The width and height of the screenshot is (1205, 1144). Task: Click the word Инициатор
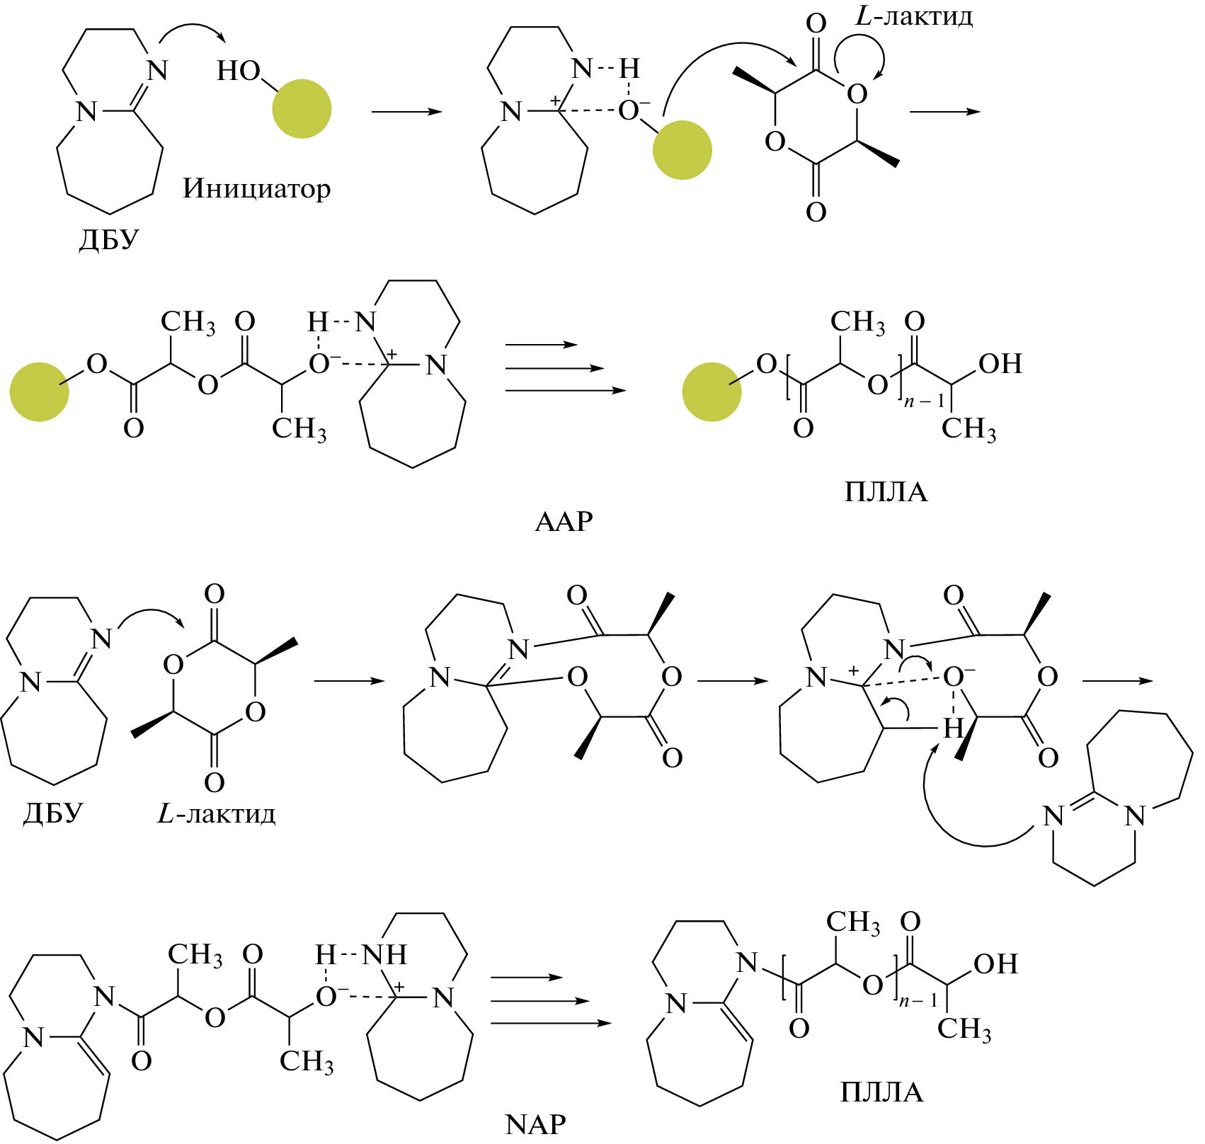[x=256, y=189]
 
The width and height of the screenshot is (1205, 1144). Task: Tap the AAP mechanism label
[x=564, y=522]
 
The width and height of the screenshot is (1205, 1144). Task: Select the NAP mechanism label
[x=535, y=1123]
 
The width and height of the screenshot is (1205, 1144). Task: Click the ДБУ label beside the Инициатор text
[x=108, y=239]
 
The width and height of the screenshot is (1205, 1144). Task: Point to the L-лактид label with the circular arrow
[x=913, y=16]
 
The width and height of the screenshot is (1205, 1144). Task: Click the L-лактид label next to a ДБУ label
[x=216, y=814]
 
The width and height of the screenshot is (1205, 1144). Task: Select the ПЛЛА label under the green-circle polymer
[x=885, y=491]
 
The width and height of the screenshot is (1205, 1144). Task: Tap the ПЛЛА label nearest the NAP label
[x=881, y=1092]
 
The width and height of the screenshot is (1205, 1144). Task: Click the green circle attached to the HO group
[x=302, y=108]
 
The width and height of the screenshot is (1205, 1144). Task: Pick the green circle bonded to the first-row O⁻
[x=682, y=150]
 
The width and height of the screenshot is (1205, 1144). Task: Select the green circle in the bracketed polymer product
[x=712, y=392]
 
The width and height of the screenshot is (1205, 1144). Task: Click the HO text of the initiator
[x=239, y=71]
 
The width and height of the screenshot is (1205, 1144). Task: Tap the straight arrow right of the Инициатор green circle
[x=406, y=112]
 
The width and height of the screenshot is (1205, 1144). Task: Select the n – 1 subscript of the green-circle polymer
[x=924, y=402]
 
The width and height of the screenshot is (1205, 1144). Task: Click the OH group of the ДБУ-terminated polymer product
[x=995, y=963]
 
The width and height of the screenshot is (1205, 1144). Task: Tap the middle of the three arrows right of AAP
[x=555, y=368]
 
